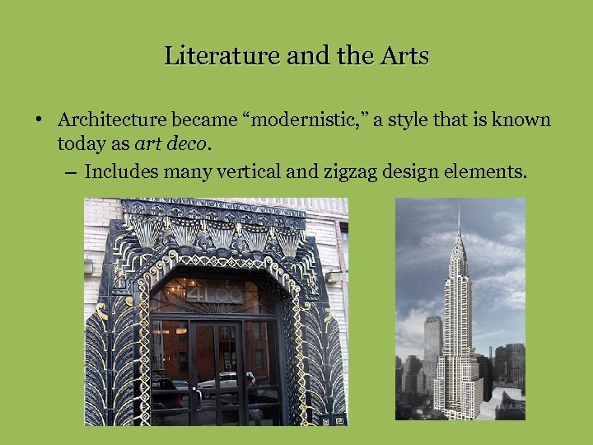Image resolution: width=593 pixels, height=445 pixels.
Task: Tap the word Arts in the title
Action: coord(404,56)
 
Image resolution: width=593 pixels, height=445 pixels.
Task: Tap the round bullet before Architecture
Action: coord(39,120)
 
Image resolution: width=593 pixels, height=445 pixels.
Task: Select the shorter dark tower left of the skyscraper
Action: coord(432,346)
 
